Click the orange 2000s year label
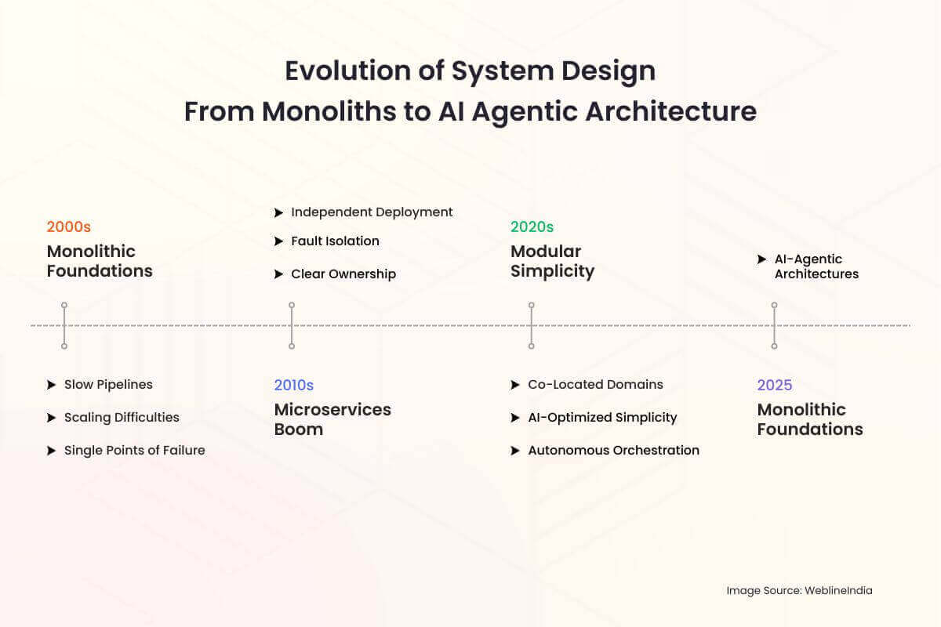tap(68, 227)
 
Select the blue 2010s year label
tap(293, 385)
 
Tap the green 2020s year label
tap(532, 227)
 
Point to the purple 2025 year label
tap(775, 385)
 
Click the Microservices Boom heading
tap(332, 419)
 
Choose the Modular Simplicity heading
tap(552, 261)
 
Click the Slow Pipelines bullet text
tap(108, 384)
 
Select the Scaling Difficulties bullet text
tap(122, 417)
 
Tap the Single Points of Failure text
tap(134, 450)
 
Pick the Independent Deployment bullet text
tap(372, 212)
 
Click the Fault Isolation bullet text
tap(336, 241)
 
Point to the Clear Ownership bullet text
tap(343, 274)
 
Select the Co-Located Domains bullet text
tap(595, 384)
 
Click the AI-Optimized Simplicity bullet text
tap(602, 417)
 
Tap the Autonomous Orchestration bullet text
tap(614, 450)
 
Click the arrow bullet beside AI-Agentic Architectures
tap(761, 259)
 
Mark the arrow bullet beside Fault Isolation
tap(278, 241)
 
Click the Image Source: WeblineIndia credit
tap(799, 590)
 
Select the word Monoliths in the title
tap(329, 111)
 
